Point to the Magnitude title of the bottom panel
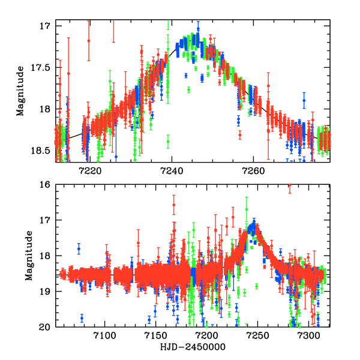pyautogui.click(x=28, y=256)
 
